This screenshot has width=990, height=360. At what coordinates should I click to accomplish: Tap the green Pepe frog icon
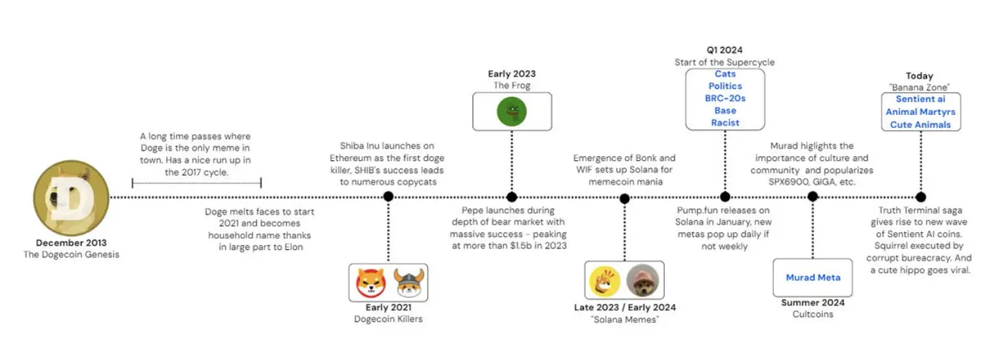[511, 112]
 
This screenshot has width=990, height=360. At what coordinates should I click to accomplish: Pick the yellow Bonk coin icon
[605, 280]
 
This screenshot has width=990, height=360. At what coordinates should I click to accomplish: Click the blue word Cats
[725, 74]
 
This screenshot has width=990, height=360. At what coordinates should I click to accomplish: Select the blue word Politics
[725, 86]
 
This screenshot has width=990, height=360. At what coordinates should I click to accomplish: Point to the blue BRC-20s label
[725, 99]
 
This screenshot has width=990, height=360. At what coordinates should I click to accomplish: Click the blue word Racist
[725, 123]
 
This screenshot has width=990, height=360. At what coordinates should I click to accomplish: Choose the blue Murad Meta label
[813, 277]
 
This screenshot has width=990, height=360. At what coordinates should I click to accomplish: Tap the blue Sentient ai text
[920, 99]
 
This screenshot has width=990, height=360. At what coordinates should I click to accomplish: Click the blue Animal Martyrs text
[920, 112]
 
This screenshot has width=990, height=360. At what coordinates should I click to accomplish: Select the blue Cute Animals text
[920, 125]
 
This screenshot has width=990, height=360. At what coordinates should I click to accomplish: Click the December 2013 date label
[71, 243]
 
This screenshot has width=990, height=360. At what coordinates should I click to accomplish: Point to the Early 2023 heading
[511, 74]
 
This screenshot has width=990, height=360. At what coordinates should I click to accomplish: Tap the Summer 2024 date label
[813, 303]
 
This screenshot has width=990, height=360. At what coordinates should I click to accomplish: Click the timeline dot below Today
[920, 197]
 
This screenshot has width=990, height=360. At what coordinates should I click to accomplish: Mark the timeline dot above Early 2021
[388, 197]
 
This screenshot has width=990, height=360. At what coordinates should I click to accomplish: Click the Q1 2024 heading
[725, 50]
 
